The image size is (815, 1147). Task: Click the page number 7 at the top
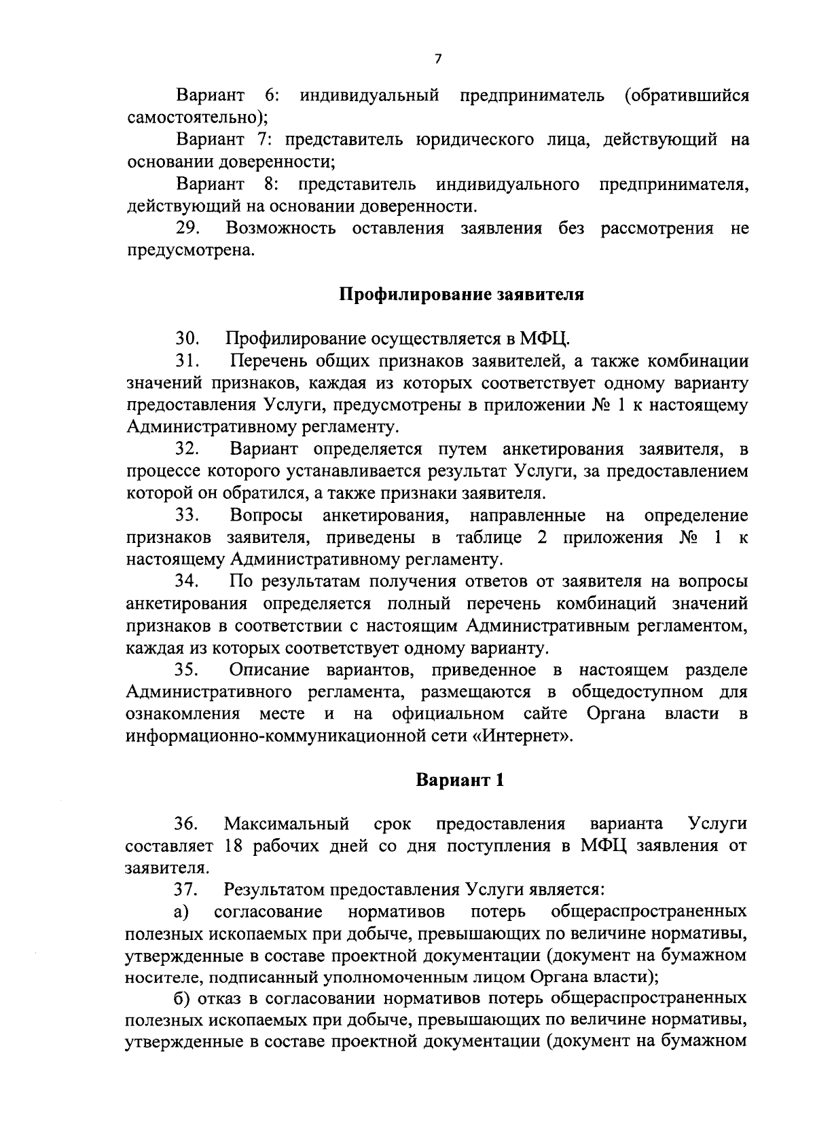coord(437,59)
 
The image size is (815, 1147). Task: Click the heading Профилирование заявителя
coord(461,295)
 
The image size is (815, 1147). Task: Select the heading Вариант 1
coord(460,780)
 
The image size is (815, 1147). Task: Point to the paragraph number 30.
coord(187,338)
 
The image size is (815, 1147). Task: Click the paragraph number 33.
coord(187,515)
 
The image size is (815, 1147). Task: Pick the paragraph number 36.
coord(186,824)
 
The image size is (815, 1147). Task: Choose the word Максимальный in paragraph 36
coord(287,824)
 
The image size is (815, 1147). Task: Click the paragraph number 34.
coord(187,582)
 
